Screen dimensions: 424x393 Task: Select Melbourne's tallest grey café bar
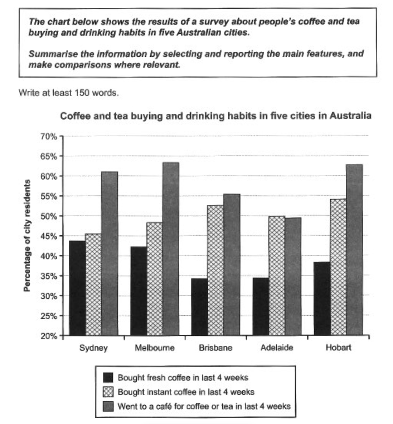click(x=171, y=249)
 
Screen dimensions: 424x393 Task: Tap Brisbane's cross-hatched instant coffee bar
click(x=215, y=270)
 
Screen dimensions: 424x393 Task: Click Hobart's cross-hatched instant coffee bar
click(x=338, y=267)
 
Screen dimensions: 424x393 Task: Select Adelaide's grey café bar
click(x=293, y=277)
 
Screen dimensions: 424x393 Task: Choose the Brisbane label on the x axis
click(x=215, y=348)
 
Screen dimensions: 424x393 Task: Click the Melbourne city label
click(x=155, y=348)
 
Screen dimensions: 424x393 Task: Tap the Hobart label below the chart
click(x=338, y=347)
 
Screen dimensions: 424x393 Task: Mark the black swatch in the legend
click(x=108, y=377)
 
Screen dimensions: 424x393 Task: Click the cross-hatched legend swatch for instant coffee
click(x=108, y=392)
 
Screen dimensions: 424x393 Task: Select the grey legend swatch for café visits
click(x=108, y=406)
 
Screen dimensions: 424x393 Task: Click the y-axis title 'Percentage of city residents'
click(x=27, y=236)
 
